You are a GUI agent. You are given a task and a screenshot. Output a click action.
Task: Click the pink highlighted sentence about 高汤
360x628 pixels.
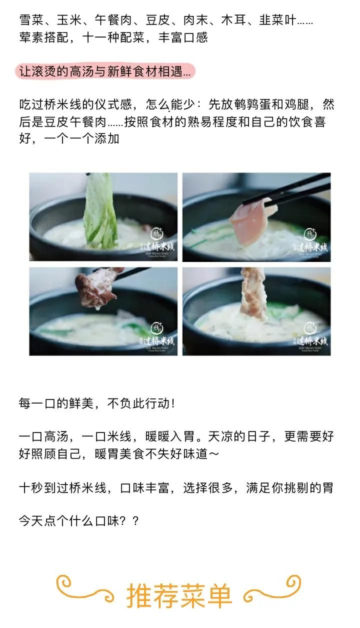point(104,71)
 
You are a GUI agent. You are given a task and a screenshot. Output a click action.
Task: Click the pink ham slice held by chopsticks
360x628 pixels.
point(250,220)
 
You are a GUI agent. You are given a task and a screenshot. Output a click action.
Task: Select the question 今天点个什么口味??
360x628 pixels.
point(78,521)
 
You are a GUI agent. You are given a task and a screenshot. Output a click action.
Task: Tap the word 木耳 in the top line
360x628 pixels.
point(232,20)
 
